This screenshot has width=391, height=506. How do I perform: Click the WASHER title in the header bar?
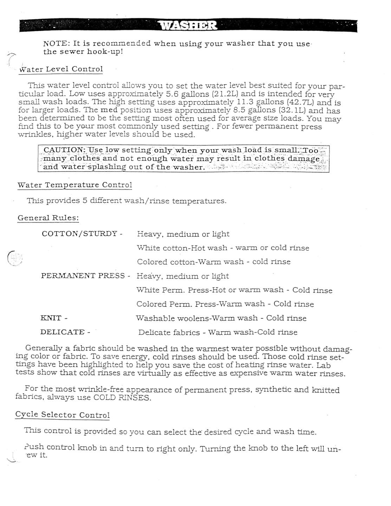188,26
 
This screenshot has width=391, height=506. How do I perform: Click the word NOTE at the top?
56,44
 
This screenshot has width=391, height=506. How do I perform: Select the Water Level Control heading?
61,69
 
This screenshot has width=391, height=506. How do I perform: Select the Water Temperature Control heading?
75,185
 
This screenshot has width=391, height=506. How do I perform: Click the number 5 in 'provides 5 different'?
85,201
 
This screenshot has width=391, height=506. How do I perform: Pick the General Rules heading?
48,218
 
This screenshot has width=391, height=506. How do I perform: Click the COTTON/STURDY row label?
79,234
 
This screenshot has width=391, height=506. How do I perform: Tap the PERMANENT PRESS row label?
83,276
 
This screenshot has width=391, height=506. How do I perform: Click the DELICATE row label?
63,332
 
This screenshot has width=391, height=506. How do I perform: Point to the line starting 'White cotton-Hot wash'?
223,248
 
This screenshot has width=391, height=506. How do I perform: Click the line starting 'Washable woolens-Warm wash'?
221,318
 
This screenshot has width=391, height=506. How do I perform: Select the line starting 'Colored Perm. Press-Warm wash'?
225,304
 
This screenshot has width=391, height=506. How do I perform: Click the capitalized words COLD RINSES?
122,398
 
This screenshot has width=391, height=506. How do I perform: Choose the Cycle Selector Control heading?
63,415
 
